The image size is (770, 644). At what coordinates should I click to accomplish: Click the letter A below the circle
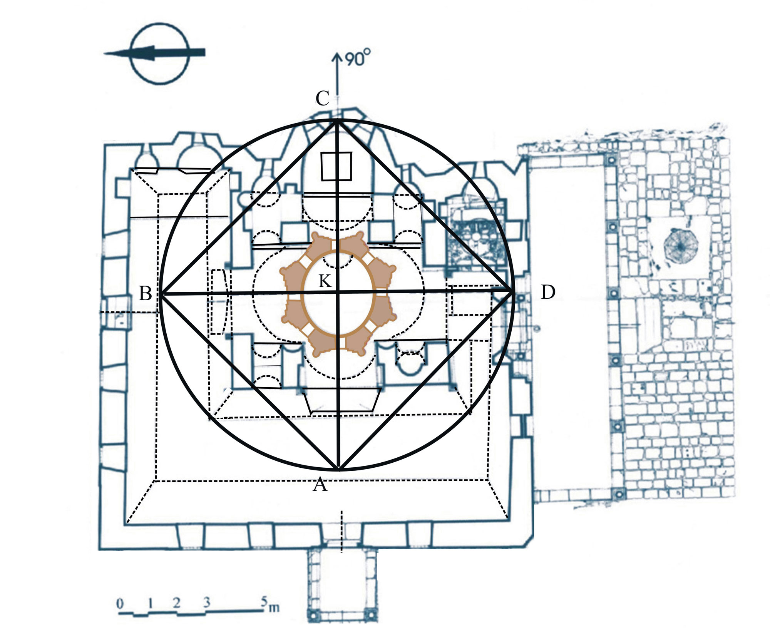(x=320, y=485)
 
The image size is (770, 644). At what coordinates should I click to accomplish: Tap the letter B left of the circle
(x=146, y=294)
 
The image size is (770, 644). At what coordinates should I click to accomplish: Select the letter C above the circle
(x=323, y=98)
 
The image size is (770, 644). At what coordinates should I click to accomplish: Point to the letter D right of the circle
(x=548, y=293)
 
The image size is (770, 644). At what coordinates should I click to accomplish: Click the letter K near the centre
(x=325, y=281)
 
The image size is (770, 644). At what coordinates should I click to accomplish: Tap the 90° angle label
(x=357, y=59)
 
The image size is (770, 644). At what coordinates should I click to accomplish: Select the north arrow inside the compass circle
(x=154, y=53)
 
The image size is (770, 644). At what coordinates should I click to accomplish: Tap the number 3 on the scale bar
(x=207, y=602)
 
